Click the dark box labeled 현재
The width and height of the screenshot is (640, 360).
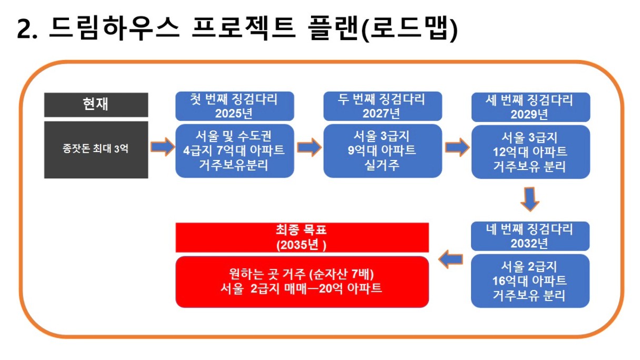pos(96,105)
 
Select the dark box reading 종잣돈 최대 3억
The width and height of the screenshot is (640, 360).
pos(96,149)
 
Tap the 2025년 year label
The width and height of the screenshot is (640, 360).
pos(234,114)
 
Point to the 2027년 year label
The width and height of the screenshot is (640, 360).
pos(381,114)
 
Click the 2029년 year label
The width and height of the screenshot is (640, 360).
pos(529,115)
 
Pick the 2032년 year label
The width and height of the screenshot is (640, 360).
pos(529,244)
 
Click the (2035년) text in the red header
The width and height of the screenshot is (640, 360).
pos(301,245)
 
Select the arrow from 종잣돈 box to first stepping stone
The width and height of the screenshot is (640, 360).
pos(163,147)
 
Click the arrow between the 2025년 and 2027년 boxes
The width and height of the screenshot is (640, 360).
pos(309,147)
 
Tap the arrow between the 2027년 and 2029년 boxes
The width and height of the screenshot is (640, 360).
pos(457,147)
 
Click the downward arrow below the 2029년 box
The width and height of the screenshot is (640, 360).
pos(530,199)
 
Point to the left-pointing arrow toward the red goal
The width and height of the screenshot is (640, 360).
pos(451,259)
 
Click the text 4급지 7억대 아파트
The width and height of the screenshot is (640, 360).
pos(234,151)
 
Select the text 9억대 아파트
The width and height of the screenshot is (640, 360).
pos(382,151)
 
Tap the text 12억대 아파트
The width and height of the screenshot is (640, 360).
pos(530,152)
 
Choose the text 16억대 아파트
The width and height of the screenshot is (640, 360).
pos(529,281)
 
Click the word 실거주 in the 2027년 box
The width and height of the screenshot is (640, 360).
pos(382,165)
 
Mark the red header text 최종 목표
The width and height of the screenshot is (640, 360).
pos(301,230)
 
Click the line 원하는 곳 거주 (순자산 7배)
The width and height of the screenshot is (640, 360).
pos(302,274)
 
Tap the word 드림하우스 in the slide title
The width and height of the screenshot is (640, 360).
pos(114,28)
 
